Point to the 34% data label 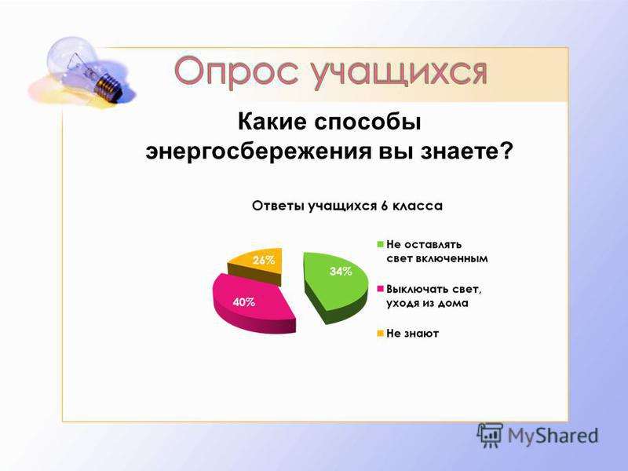(341, 272)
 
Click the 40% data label (244, 302)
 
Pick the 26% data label (264, 261)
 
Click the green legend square (381, 244)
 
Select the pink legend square (381, 289)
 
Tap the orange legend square (381, 333)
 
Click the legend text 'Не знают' (413, 333)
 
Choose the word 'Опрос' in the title (236, 72)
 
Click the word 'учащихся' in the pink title (399, 73)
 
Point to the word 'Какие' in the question (272, 122)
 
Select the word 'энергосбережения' (258, 152)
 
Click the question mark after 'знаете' (506, 151)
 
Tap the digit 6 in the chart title (385, 206)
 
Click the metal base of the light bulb (109, 86)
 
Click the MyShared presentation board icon (489, 436)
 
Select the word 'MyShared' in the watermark (553, 436)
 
